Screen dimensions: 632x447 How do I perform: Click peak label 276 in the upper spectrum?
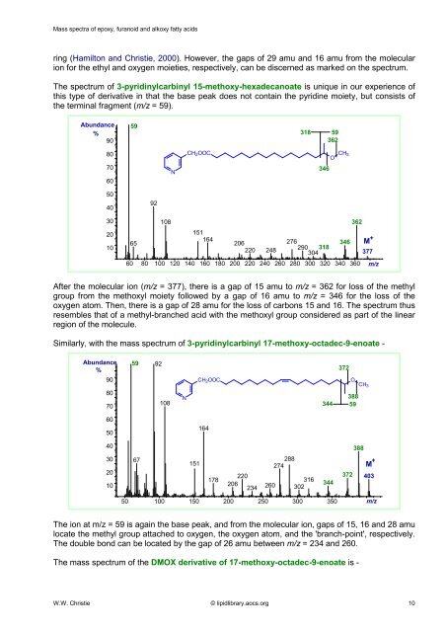292,241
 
